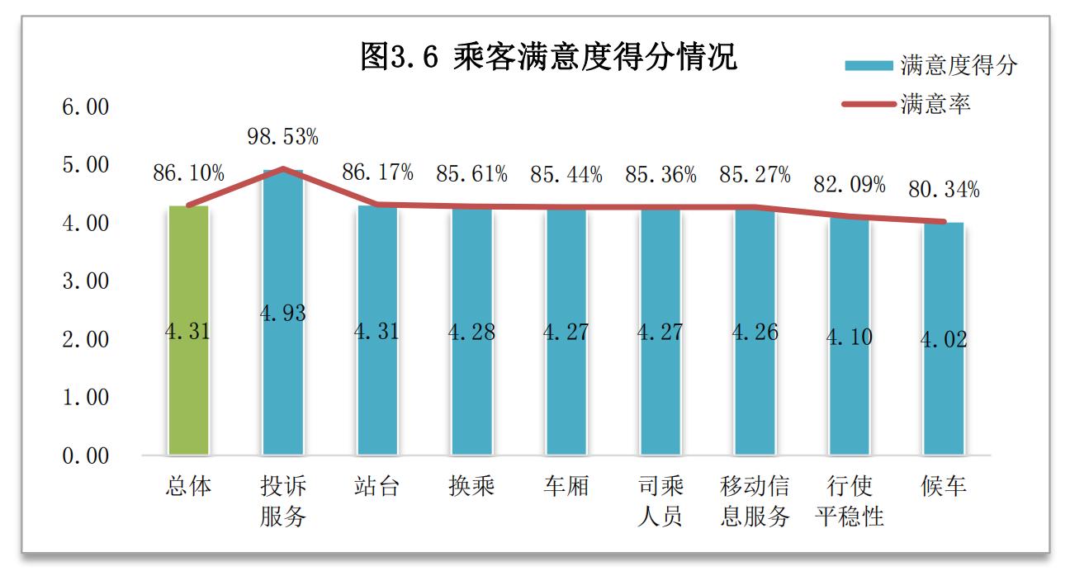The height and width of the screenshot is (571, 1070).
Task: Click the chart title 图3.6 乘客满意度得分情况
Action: click(548, 59)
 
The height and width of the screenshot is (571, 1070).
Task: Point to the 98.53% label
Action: click(282, 137)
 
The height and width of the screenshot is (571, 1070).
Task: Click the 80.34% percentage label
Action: click(945, 191)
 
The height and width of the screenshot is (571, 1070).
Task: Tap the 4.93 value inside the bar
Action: click(282, 314)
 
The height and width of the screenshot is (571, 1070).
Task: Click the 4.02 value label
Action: click(944, 339)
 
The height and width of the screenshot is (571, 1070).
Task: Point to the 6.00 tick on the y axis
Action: click(85, 107)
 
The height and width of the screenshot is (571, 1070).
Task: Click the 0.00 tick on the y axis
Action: click(85, 456)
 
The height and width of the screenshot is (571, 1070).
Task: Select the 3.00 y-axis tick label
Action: click(85, 281)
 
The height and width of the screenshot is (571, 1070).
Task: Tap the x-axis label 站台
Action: click(376, 487)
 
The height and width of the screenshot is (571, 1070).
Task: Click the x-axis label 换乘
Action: click(471, 487)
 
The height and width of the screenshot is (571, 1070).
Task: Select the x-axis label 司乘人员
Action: click(660, 502)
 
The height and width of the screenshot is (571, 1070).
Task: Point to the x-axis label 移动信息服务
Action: click(755, 502)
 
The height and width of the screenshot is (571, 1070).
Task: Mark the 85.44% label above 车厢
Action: click(566, 175)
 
